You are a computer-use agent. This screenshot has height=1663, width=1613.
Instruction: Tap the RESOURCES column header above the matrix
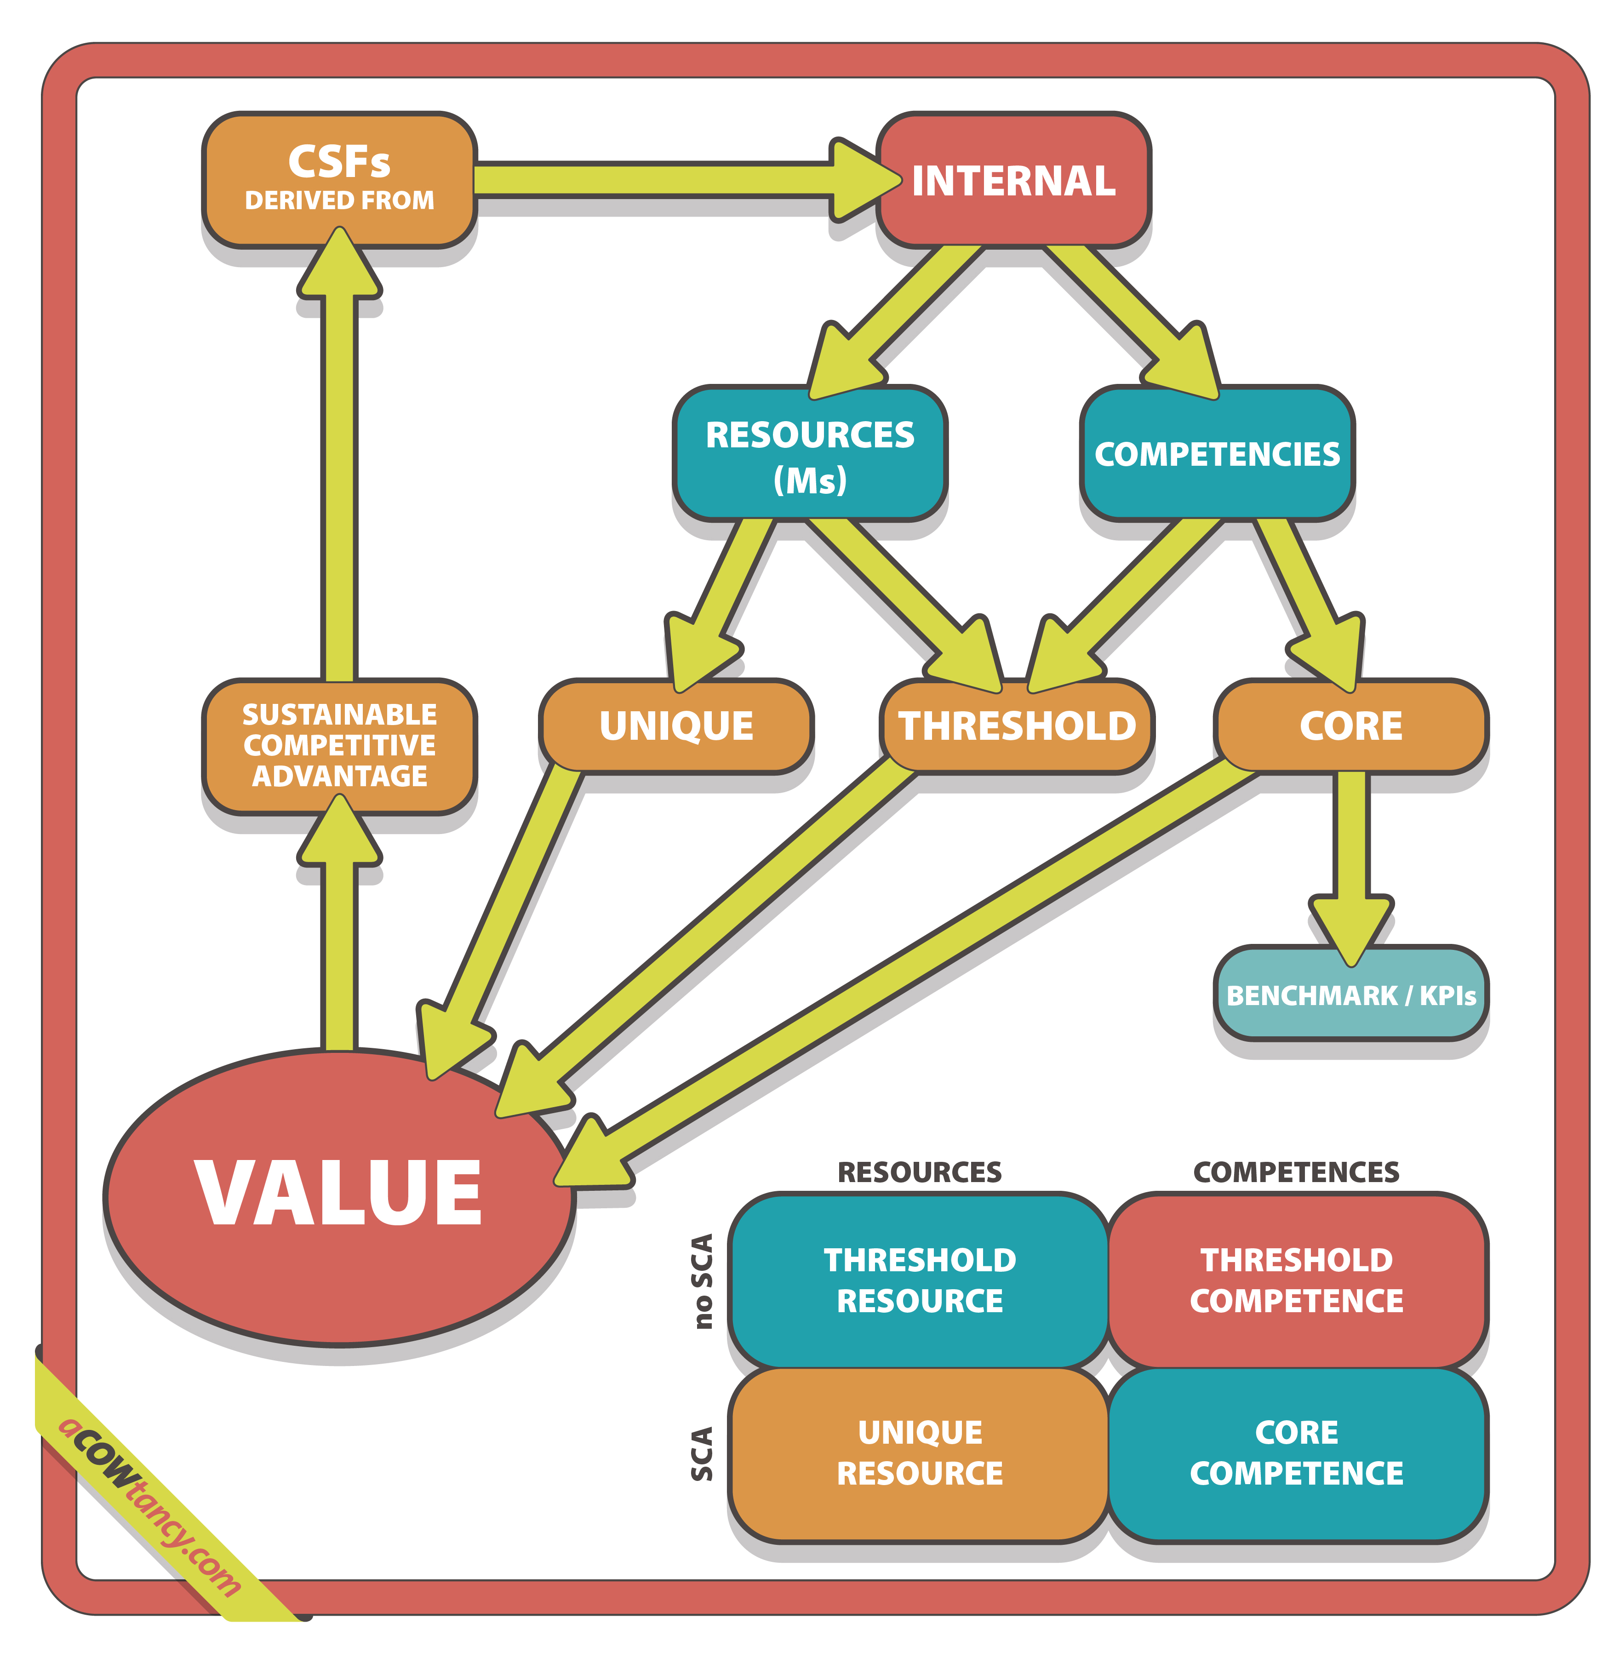[x=919, y=1172]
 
